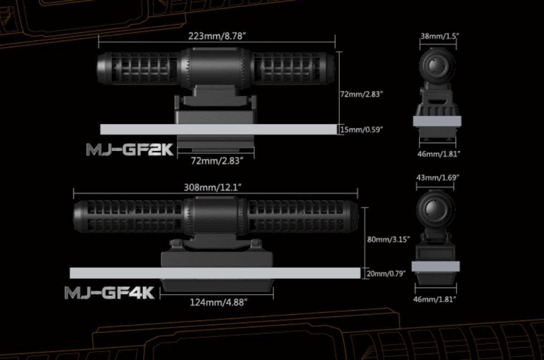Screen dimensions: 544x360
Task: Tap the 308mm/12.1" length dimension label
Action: pyautogui.click(x=213, y=188)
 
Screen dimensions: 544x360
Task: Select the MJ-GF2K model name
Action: pyautogui.click(x=130, y=149)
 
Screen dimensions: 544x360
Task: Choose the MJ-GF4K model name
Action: pyautogui.click(x=110, y=292)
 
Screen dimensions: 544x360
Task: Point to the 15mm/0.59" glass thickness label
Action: pyautogui.click(x=361, y=130)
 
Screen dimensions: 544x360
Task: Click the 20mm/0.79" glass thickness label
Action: pyautogui.click(x=386, y=274)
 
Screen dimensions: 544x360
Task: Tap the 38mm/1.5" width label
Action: pyautogui.click(x=440, y=36)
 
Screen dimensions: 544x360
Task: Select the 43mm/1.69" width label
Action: pyautogui.click(x=437, y=178)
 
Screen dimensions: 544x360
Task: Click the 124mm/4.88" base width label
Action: pyautogui.click(x=219, y=303)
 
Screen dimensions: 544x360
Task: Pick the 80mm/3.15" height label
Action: pyautogui.click(x=389, y=239)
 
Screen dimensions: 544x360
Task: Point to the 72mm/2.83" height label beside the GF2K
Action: pyautogui.click(x=362, y=94)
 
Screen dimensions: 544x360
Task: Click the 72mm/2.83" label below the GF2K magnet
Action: pyautogui.click(x=217, y=161)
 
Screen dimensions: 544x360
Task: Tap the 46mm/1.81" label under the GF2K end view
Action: pyautogui.click(x=439, y=154)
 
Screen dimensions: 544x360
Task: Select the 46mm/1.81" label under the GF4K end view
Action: pyautogui.click(x=435, y=299)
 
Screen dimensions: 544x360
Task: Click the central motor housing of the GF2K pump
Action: pyautogui.click(x=215, y=68)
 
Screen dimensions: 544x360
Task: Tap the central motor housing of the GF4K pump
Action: pyautogui.click(x=215, y=216)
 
